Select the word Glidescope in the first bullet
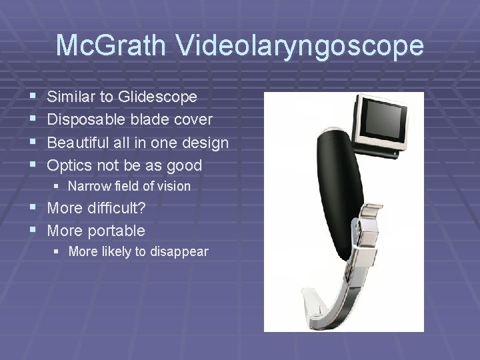pos(158,97)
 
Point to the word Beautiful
pos(80,143)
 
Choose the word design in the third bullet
pos(206,143)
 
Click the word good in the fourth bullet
pos(186,165)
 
